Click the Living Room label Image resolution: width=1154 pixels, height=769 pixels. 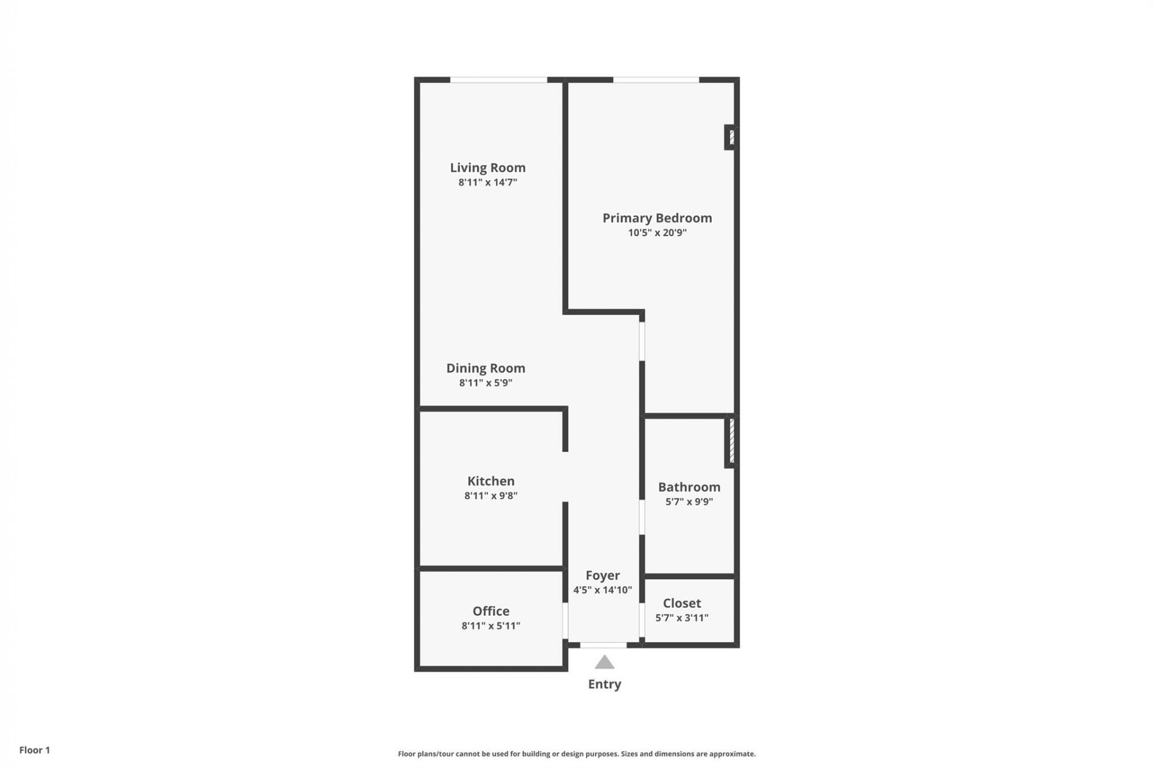tap(487, 168)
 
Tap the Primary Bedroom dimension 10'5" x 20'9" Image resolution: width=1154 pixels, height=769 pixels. tap(657, 233)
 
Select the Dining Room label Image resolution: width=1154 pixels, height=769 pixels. tap(485, 368)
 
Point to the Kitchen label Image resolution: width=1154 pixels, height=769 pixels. tap(490, 481)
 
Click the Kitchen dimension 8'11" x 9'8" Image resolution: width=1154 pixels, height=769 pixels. tap(490, 496)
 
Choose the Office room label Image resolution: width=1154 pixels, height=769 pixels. tap(490, 611)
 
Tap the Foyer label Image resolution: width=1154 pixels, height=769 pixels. tap(602, 576)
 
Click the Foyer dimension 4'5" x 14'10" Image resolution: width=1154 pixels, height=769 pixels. tap(602, 590)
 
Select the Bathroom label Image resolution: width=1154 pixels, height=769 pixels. tap(689, 487)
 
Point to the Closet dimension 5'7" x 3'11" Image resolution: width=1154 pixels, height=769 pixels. tap(682, 618)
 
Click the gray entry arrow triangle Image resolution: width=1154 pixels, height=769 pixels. tap(604, 663)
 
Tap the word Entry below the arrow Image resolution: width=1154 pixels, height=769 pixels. tap(604, 684)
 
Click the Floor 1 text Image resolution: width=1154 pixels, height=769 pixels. tap(34, 750)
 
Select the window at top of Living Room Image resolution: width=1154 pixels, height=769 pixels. tap(498, 79)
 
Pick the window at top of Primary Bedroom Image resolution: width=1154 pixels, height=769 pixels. tap(656, 79)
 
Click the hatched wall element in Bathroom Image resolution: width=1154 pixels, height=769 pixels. tap(731, 442)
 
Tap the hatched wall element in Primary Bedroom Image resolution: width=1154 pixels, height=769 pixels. tap(731, 138)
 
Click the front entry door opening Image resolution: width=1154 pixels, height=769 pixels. tap(603, 645)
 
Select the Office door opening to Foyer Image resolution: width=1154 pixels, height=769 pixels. tap(565, 621)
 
